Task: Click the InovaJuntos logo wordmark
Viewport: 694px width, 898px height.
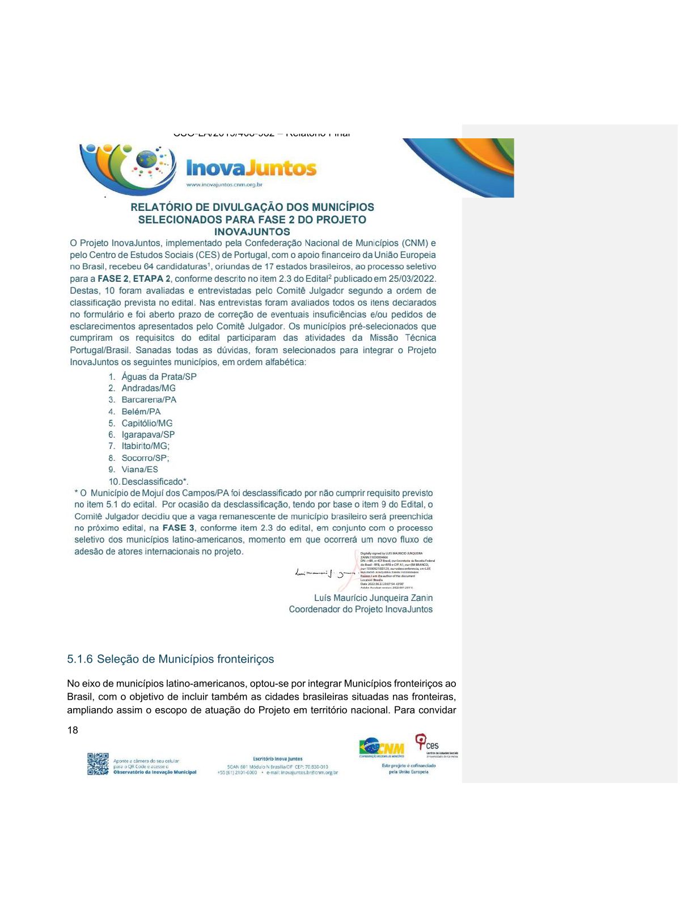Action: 251,168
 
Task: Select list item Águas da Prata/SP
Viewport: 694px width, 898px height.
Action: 159,376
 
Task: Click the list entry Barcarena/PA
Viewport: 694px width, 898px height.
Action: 149,400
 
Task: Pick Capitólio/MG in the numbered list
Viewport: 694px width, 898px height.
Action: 147,423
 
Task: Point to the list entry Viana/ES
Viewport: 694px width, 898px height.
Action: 139,469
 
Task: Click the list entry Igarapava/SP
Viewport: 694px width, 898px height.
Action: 148,435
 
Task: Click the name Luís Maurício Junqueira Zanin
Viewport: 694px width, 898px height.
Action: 373,598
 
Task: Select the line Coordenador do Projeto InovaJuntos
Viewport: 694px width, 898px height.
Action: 361,609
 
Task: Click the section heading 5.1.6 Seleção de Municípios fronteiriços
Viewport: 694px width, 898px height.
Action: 170,659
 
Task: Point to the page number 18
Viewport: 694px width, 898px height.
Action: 73,730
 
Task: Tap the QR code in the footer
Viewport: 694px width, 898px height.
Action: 98,764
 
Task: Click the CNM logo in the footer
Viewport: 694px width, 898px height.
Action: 382,748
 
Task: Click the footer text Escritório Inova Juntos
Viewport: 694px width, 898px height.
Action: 277,759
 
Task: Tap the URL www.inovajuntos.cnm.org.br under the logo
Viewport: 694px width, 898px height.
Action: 224,184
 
